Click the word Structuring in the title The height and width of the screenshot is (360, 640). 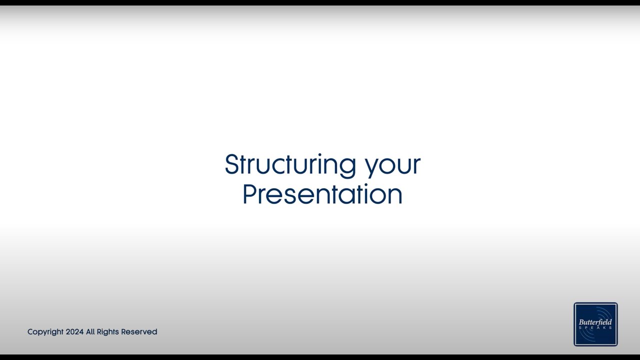[x=290, y=165]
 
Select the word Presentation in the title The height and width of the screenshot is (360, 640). [x=322, y=194]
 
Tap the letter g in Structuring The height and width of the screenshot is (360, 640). [x=348, y=167]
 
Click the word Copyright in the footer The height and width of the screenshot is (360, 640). [x=45, y=332]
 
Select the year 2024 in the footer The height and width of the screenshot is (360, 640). [x=74, y=332]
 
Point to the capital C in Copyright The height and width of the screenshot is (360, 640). [x=30, y=332]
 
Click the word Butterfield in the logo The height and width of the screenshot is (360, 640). [x=595, y=322]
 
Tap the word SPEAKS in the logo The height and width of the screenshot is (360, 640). [x=595, y=328]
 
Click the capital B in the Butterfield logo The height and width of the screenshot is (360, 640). [x=581, y=322]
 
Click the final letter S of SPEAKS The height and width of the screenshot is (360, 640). [x=610, y=328]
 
